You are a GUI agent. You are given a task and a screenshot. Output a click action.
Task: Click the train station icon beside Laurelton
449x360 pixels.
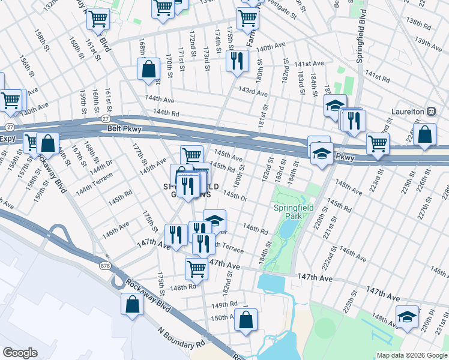click(x=430, y=112)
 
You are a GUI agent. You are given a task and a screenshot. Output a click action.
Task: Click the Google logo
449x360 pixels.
click(x=20, y=353)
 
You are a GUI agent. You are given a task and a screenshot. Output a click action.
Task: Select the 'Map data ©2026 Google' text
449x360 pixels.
click(x=411, y=355)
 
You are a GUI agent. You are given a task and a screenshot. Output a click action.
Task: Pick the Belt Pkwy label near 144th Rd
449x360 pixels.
click(x=119, y=128)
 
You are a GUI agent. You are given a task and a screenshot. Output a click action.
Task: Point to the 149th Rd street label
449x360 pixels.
click(x=224, y=304)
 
